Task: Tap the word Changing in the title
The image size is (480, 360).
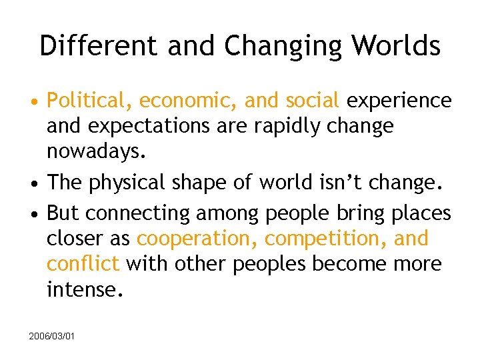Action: [280, 46]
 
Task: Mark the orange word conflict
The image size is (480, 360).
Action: [83, 263]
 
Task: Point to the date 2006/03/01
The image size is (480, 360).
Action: [52, 336]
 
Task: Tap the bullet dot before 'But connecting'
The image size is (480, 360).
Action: [33, 214]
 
